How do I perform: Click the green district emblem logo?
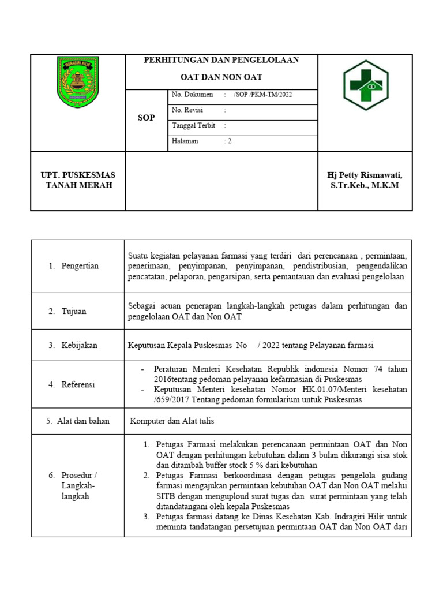78,81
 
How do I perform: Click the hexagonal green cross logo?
366,85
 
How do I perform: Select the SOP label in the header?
147,118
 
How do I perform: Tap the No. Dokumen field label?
192,95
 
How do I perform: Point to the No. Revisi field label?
187,110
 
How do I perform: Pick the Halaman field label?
185,141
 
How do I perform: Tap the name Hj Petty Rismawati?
365,175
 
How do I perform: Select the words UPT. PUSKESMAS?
78,175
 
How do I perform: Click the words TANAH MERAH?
78,185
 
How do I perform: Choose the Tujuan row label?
74,311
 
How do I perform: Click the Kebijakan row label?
79,345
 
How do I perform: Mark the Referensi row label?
79,384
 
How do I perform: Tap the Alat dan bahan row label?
78,421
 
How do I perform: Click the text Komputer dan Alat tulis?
172,421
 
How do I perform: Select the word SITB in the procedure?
167,496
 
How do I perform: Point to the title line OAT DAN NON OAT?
221,77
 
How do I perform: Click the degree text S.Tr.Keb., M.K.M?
365,185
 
